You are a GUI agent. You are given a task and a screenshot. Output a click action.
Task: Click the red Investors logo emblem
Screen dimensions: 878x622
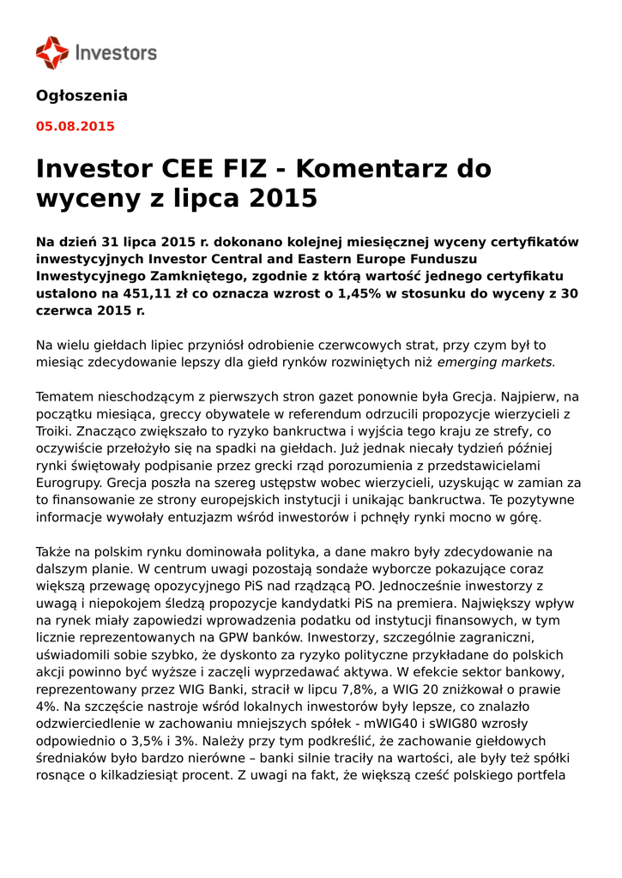[51, 52]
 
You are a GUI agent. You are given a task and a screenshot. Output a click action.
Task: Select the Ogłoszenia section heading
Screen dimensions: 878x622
[82, 96]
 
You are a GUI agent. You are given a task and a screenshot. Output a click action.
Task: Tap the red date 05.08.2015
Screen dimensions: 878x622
[75, 127]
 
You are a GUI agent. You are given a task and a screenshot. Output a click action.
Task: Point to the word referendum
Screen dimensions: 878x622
[278, 415]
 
